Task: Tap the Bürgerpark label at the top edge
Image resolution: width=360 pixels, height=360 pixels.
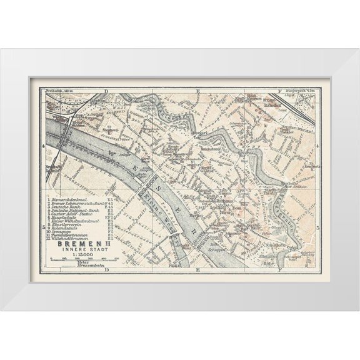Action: point(289,91)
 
